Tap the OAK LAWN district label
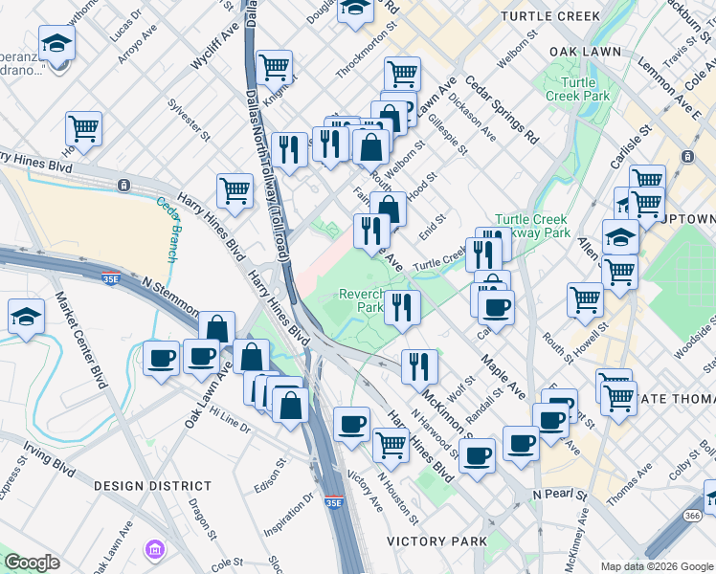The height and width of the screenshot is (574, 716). pos(585,51)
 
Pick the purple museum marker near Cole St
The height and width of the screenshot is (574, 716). pos(154,550)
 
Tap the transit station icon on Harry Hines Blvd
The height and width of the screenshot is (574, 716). pos(123,185)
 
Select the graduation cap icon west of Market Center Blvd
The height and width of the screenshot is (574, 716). pos(26,317)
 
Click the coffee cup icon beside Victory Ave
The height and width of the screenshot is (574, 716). pos(351,423)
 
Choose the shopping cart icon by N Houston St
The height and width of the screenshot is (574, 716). pos(390,444)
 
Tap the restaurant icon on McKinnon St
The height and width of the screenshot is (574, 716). pos(418,364)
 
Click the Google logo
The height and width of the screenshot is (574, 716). pos(32,562)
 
